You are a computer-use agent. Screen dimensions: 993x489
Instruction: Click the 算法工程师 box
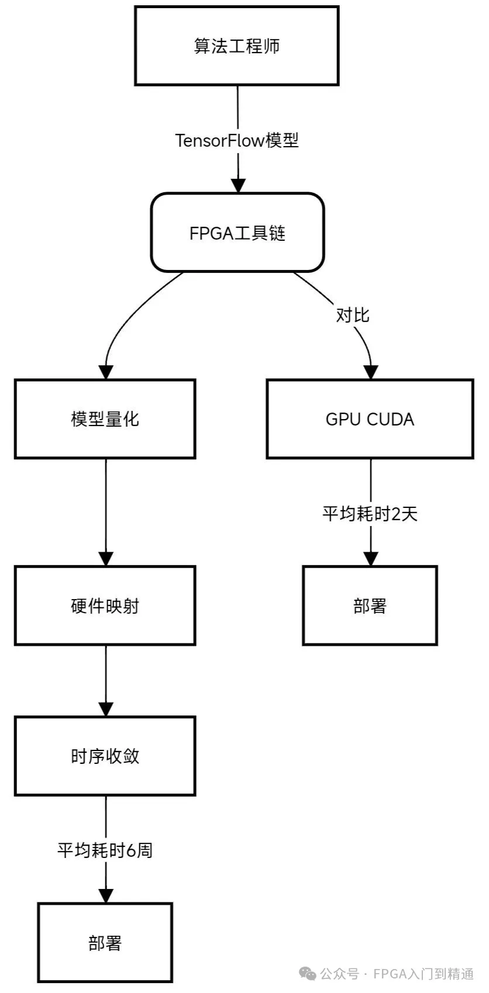[x=237, y=46]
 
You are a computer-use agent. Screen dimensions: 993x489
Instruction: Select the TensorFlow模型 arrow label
[x=237, y=141]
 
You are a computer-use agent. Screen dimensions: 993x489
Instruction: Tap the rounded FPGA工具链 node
[x=237, y=233]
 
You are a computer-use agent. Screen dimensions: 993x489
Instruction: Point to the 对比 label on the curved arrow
[x=352, y=315]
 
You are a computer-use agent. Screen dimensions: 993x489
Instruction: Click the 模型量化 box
[x=105, y=419]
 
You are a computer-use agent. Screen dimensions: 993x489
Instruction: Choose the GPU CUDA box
[x=370, y=419]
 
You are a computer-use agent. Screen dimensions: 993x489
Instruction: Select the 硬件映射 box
[x=105, y=606]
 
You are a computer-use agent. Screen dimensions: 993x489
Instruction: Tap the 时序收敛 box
[x=105, y=756]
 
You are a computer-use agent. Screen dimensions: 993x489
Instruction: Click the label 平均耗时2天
[x=370, y=514]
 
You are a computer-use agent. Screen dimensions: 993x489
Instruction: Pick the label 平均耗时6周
[x=105, y=850]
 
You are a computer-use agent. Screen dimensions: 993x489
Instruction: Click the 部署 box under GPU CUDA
[x=370, y=606]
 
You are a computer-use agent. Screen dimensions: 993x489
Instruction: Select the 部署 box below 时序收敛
[x=105, y=942]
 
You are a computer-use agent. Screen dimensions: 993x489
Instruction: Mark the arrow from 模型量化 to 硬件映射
[x=106, y=508]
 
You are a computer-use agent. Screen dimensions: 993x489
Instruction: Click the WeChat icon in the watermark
[x=308, y=974]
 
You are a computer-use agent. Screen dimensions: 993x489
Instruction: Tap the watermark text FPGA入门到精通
[x=423, y=974]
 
